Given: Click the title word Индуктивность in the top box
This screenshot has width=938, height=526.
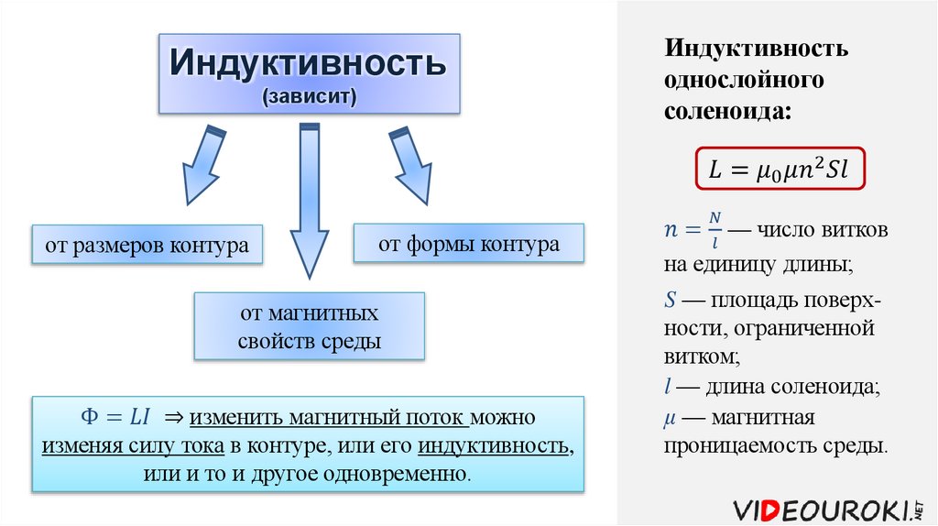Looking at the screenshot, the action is tap(308, 63).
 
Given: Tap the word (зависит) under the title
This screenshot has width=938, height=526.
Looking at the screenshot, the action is tap(308, 97).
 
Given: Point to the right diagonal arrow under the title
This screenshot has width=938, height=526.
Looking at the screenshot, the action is tap(410, 165).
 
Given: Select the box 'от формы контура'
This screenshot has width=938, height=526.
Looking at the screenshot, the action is tap(469, 245).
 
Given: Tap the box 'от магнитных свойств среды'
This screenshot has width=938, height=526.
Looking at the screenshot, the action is tap(309, 327).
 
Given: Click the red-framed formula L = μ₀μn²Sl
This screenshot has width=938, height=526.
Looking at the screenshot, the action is tap(780, 168).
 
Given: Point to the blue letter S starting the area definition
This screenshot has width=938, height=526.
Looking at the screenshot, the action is tap(670, 299).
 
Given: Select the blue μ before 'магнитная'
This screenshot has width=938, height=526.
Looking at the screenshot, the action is tap(670, 418).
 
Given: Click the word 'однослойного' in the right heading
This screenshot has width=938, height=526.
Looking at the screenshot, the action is tap(745, 80).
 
